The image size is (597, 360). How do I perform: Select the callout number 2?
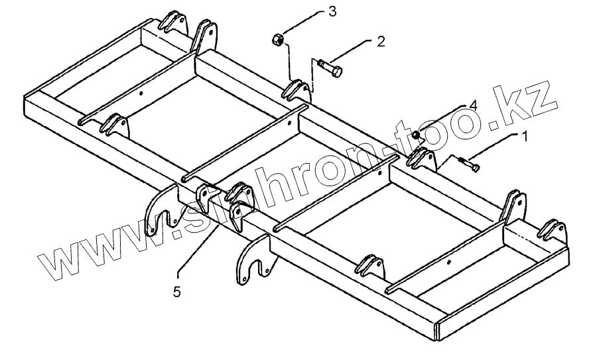coord(381,41)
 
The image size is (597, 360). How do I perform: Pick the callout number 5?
coord(177,291)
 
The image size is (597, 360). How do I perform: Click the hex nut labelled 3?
coord(279,40)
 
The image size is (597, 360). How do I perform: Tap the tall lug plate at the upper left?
coord(204,37)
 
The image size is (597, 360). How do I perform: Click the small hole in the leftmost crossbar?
coord(141,93)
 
